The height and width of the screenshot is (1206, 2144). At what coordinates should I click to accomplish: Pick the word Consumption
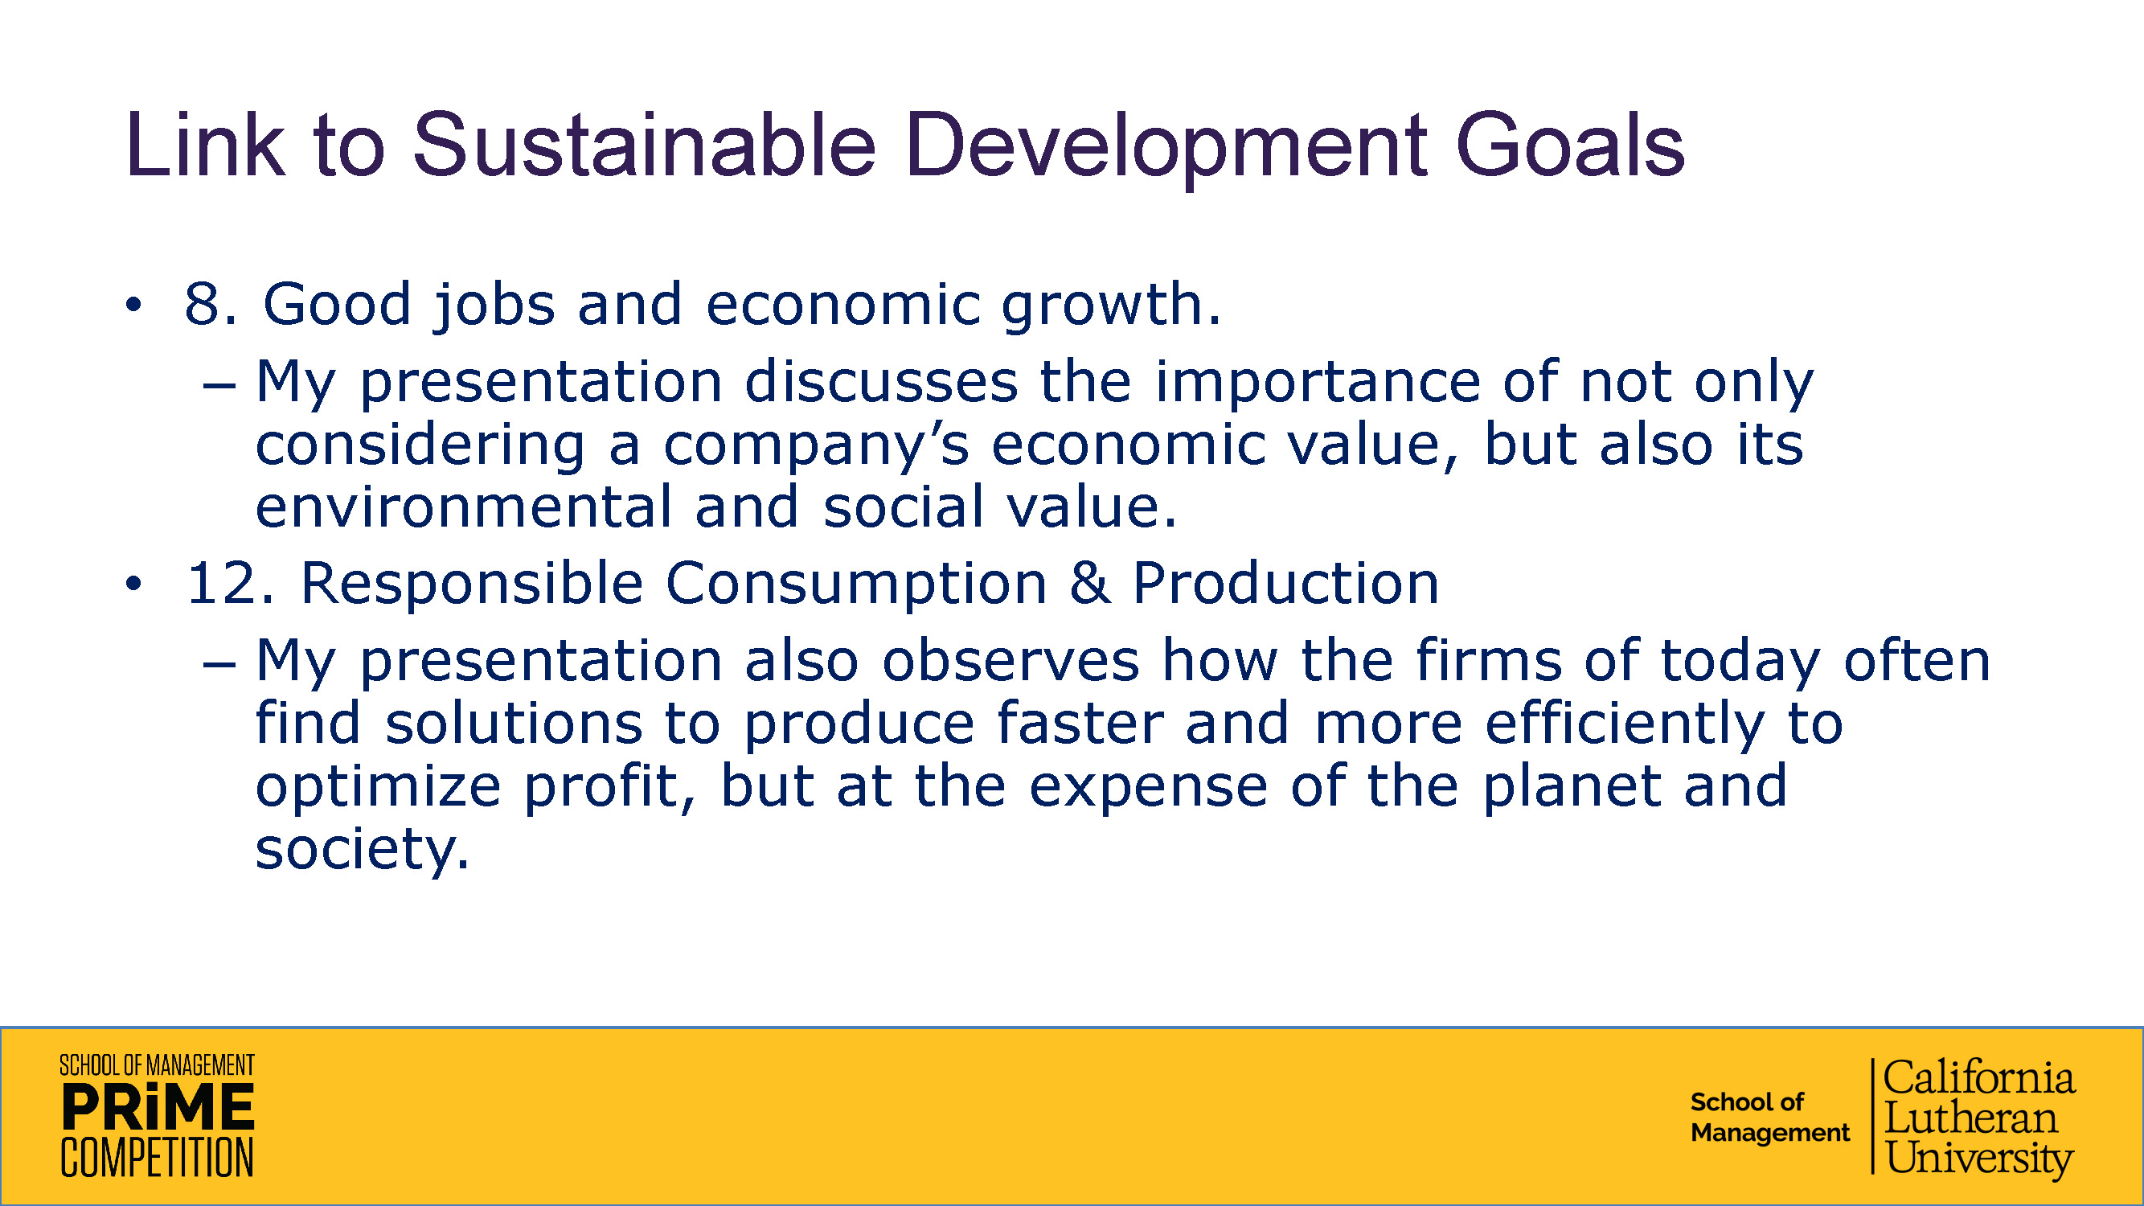pos(855,585)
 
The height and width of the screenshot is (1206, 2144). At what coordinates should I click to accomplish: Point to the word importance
pos(1318,383)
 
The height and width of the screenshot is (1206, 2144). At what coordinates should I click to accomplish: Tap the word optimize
pos(378,786)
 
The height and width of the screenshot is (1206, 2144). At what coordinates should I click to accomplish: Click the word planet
pos(1572,786)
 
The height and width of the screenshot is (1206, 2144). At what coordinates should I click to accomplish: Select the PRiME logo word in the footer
pos(158,1108)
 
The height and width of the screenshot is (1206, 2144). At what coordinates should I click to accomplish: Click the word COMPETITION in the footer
pos(158,1157)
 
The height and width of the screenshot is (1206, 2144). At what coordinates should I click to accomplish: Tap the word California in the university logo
pos(1978,1078)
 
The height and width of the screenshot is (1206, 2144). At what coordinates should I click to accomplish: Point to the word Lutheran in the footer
pos(1970,1118)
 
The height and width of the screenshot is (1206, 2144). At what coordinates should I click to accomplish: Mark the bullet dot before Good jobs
pos(133,305)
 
